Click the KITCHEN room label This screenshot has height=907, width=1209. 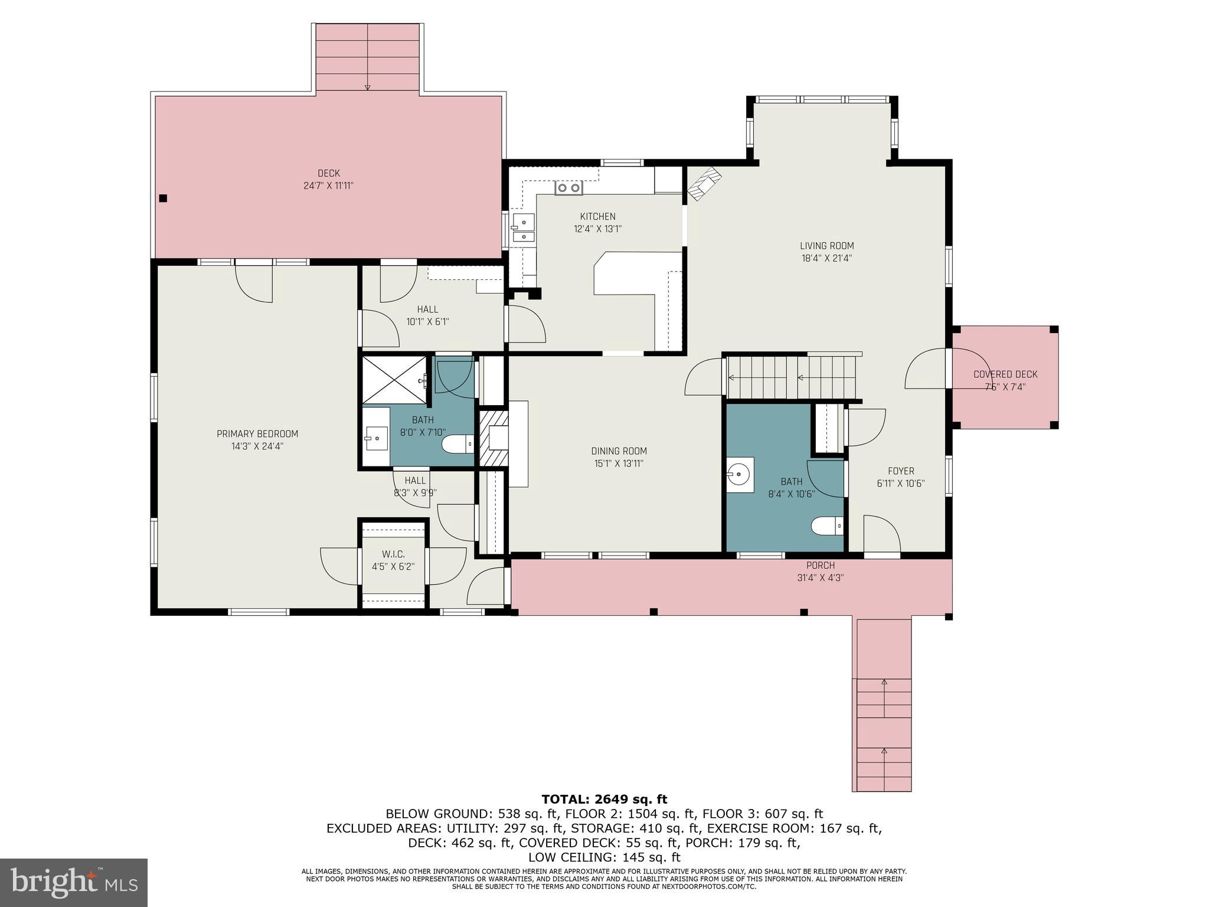[597, 217]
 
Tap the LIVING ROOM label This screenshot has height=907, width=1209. [826, 246]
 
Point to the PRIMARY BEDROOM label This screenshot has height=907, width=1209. [257, 434]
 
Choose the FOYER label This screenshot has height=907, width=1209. [901, 471]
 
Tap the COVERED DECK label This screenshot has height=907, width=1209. [1005, 374]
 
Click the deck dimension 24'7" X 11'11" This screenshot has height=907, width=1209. [328, 185]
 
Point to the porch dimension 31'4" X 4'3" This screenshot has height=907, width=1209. [821, 578]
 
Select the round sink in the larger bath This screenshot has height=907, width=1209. [739, 474]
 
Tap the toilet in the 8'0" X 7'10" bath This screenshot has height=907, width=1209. [458, 443]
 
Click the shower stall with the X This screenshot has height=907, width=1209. [394, 380]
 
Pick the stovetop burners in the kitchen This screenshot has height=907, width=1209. [568, 188]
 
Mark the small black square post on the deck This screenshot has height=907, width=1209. [164, 198]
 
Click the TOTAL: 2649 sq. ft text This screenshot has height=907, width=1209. [604, 800]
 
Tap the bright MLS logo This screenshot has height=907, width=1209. [74, 882]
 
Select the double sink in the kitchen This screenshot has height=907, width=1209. [522, 229]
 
